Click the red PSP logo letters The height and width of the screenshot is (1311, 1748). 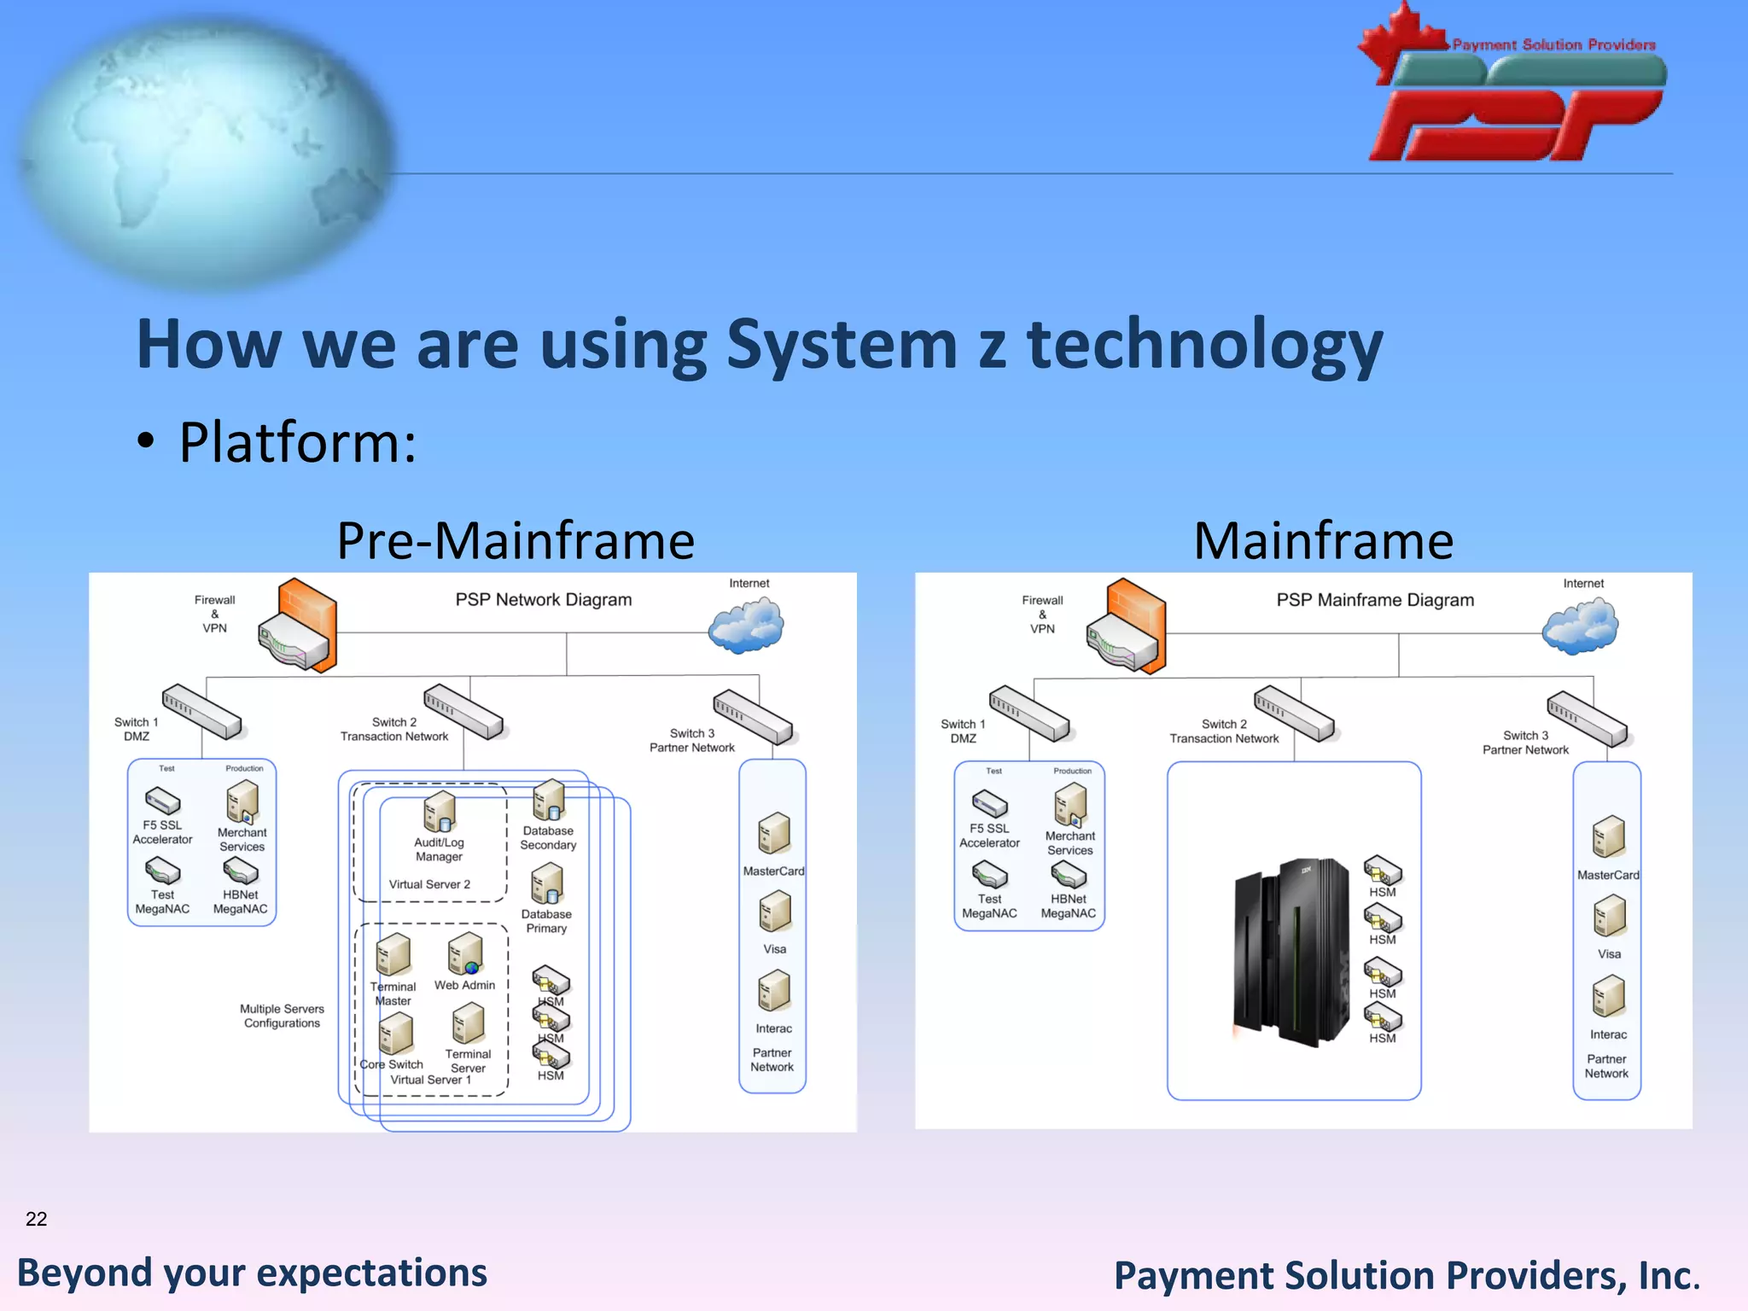pos(1515,126)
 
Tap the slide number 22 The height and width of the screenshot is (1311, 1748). pos(36,1219)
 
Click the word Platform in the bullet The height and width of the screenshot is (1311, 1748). pos(297,443)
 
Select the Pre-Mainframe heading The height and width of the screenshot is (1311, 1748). pos(516,541)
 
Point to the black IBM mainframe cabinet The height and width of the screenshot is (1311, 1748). pos(1291,952)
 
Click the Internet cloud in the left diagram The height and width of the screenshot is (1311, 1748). pos(746,625)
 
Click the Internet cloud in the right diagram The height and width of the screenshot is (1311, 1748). pos(1580,625)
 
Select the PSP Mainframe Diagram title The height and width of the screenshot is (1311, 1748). pos(1374,600)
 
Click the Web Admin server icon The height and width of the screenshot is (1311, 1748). pos(466,954)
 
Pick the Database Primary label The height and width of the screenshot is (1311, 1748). pos(546,921)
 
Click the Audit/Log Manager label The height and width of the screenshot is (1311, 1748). pos(439,849)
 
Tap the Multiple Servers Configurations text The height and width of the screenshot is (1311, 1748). pos(282,1016)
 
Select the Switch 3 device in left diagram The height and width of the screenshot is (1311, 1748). pos(753,717)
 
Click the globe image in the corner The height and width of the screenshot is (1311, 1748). pos(205,149)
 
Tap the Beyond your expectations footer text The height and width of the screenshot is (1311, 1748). pos(252,1273)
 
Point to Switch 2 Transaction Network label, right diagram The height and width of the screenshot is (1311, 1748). pos(1224,731)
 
